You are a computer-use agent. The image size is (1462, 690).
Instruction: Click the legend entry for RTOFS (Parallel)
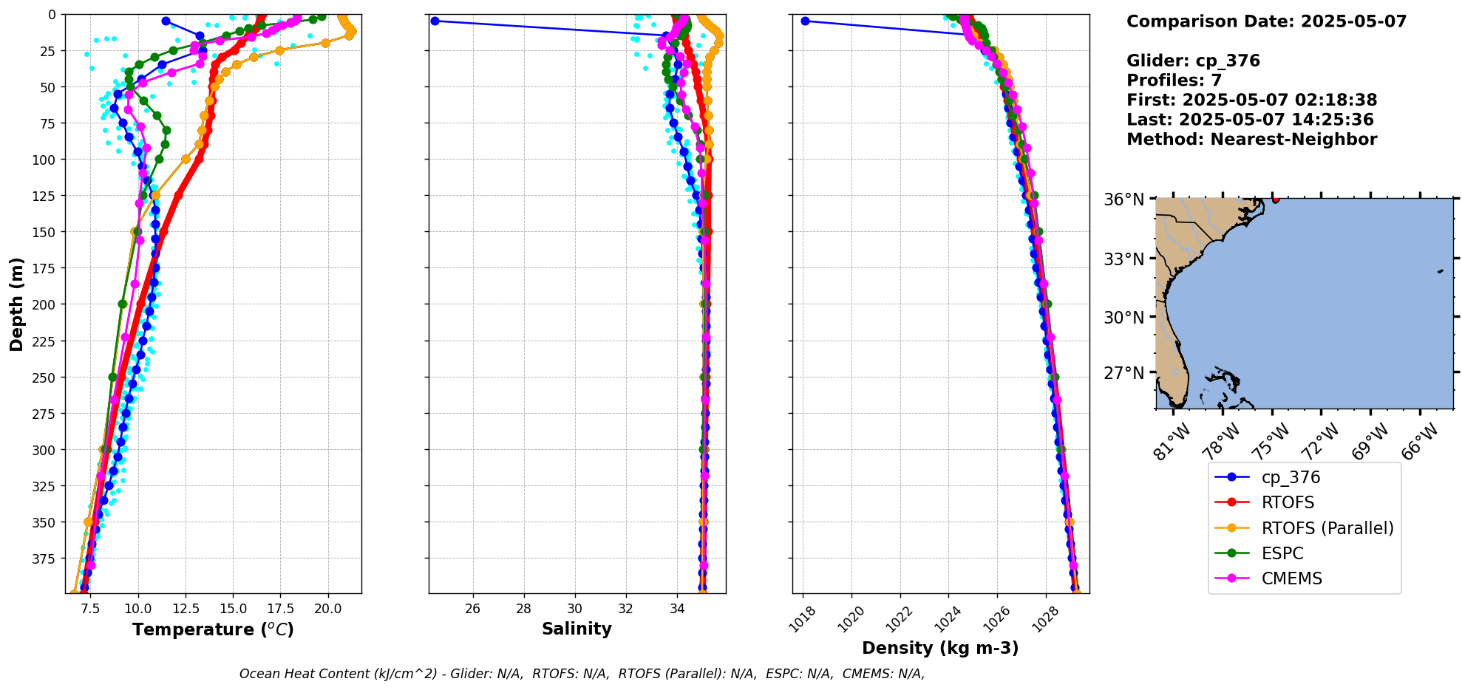point(1327,528)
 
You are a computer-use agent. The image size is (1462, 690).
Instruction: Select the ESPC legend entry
point(1282,553)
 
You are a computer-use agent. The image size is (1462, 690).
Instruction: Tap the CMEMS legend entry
point(1291,578)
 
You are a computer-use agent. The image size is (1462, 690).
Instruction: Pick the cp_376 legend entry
point(1290,478)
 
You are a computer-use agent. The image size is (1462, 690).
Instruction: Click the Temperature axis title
point(213,629)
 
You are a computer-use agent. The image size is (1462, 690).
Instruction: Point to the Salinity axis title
point(577,629)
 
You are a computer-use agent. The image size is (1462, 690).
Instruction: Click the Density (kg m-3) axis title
point(940,648)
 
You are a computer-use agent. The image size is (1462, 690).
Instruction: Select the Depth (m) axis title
point(16,304)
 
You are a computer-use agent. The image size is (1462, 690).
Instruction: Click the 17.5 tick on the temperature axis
point(280,609)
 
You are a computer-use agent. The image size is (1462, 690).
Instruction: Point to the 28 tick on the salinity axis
point(523,609)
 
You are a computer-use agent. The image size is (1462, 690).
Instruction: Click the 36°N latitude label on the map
point(1123,199)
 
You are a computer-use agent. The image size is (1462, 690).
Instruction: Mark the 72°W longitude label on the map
point(1321,441)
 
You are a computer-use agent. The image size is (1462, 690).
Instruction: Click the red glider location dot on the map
point(1276,199)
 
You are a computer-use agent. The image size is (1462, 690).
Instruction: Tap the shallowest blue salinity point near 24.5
point(435,21)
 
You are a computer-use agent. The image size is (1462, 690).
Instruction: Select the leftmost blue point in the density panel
point(805,21)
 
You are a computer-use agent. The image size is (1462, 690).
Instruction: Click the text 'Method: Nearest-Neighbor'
point(1251,140)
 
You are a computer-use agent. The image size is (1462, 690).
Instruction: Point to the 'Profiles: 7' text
point(1174,81)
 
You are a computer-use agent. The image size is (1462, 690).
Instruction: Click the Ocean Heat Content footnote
point(582,674)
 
